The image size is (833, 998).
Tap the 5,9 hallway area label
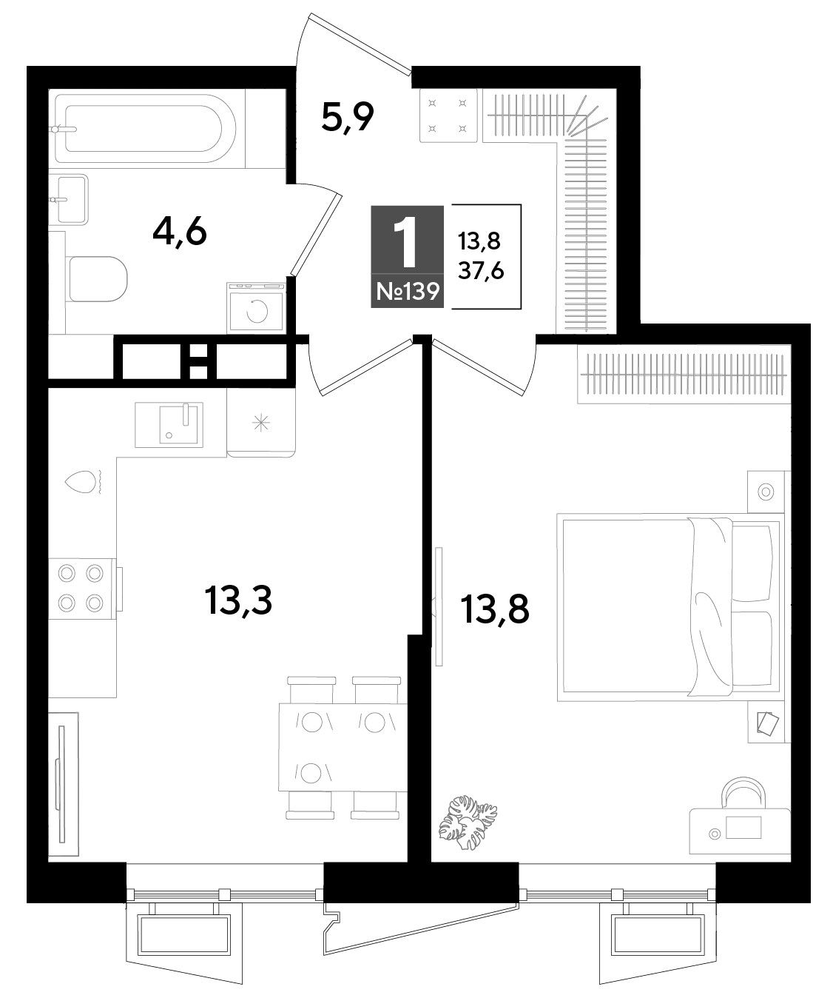click(347, 118)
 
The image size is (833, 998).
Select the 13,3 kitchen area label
click(238, 600)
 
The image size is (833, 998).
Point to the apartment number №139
click(408, 291)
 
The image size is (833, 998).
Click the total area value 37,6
click(481, 272)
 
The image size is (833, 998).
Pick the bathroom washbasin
click(70, 199)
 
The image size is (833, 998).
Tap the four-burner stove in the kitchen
click(81, 588)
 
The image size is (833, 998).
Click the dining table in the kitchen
click(343, 747)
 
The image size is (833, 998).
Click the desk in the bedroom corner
click(740, 831)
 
